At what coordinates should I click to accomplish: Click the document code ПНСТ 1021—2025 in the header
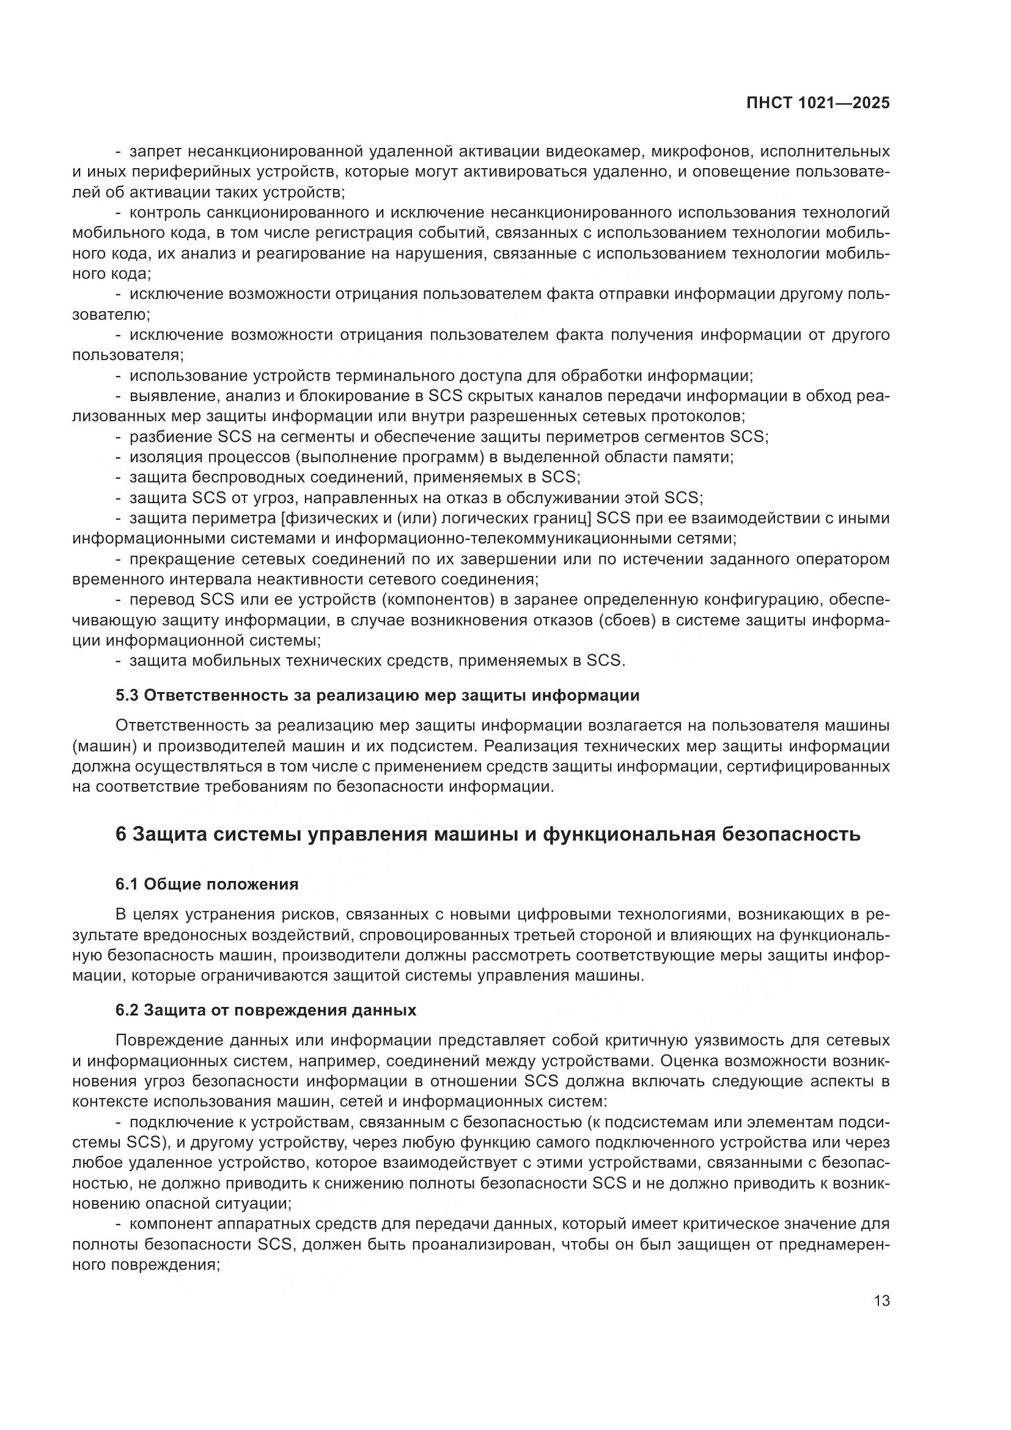(x=818, y=103)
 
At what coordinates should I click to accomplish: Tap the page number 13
(x=881, y=1301)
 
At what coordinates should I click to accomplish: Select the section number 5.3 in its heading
(x=127, y=696)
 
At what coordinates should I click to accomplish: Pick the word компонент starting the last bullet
(x=170, y=1224)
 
